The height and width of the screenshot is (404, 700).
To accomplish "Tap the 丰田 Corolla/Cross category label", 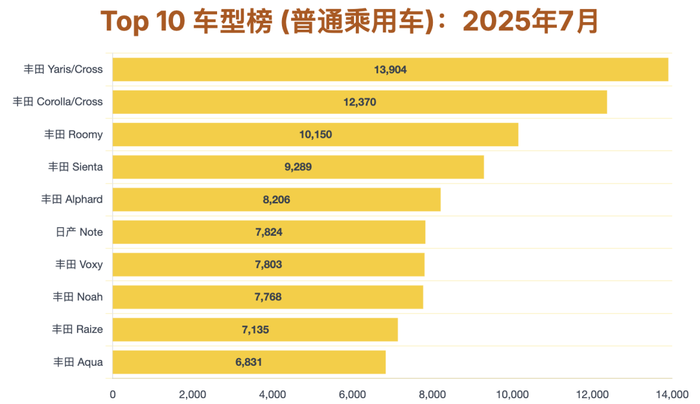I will (58, 102).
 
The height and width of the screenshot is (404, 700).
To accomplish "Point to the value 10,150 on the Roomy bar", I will (316, 135).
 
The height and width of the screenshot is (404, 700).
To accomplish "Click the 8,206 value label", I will (276, 199).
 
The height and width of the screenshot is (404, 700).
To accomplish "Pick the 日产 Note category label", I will (79, 232).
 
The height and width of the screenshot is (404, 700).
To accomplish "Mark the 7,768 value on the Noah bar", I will (268, 297).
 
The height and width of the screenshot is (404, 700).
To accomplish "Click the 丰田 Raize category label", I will (78, 330).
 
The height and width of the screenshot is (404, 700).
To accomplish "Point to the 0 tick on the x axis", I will (113, 394).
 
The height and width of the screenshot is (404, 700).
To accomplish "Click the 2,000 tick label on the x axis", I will (192, 394).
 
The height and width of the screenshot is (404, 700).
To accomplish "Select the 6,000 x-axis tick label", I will (353, 394).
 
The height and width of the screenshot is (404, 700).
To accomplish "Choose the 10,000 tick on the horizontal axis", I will (513, 394).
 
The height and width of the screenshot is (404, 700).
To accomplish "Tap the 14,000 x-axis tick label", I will (672, 394).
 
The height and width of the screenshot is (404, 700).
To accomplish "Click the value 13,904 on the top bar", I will (390, 69).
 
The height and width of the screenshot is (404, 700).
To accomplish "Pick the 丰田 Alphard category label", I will (72, 199).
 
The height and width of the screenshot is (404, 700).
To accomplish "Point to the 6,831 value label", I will (249, 362).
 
